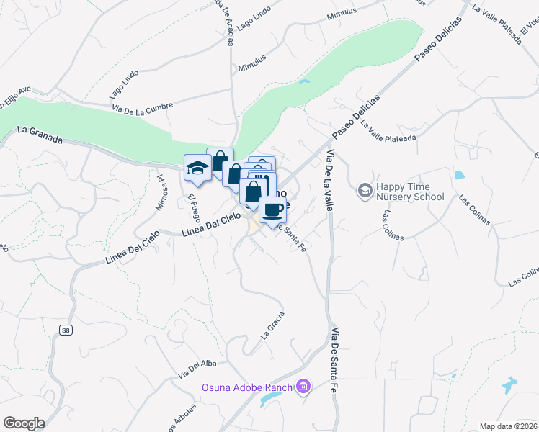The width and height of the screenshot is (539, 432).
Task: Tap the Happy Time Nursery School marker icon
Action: pyautogui.click(x=365, y=191)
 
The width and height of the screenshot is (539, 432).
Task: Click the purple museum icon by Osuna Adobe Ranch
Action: pyautogui.click(x=303, y=388)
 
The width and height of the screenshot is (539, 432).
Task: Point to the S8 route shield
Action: pyautogui.click(x=66, y=330)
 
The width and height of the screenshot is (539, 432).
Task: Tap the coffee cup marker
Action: pyautogui.click(x=272, y=210)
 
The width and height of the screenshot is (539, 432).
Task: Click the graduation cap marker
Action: pyautogui.click(x=197, y=168)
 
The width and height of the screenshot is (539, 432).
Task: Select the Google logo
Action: pyautogui.click(x=24, y=423)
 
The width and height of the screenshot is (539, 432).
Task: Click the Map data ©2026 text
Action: pyautogui.click(x=509, y=426)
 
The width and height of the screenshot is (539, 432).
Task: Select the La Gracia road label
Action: pyautogui.click(x=273, y=324)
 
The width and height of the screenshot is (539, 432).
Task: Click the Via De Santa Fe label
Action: pyautogui.click(x=335, y=360)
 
